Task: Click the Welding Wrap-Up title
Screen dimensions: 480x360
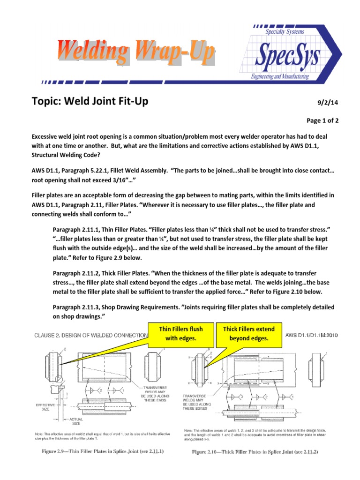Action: (x=136, y=52)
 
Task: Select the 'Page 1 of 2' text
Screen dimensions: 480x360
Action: (x=322, y=120)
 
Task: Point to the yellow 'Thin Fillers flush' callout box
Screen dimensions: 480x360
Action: (x=180, y=333)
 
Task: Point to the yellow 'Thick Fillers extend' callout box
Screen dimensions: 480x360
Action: (x=249, y=333)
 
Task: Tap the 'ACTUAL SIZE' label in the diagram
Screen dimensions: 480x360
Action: (x=76, y=420)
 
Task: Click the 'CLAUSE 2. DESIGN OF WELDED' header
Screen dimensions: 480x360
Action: (x=89, y=336)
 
